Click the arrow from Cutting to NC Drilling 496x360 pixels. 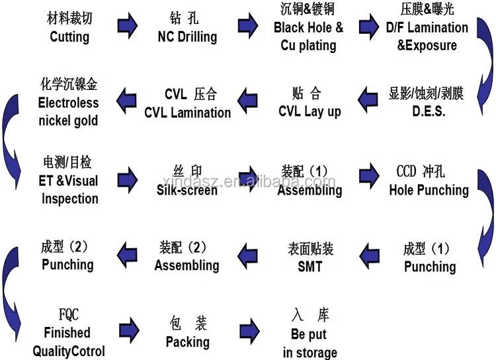127,26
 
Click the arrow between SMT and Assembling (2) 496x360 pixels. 247,251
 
